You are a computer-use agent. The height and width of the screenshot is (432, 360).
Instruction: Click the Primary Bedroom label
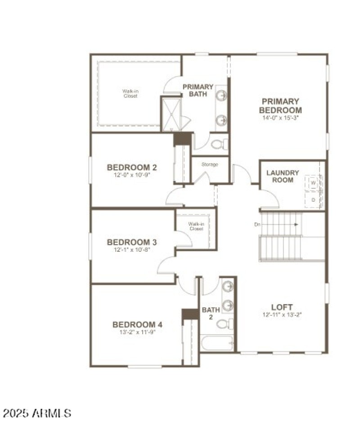point(280,106)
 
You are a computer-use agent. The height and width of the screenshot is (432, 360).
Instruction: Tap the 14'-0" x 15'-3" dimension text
point(281,118)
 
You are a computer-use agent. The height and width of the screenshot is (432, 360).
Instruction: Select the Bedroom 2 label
point(132,168)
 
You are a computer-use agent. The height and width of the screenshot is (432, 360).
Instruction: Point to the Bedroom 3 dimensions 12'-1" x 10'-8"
point(132,249)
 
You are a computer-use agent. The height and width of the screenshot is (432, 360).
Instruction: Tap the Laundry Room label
point(283,176)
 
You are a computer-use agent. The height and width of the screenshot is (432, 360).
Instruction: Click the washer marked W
point(314,183)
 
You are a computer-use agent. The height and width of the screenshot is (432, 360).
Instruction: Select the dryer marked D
point(314,199)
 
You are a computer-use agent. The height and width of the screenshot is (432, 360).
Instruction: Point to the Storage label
point(210,164)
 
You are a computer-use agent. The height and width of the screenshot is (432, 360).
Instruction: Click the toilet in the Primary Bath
point(220,145)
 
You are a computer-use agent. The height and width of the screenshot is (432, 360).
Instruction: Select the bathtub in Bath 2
point(217,343)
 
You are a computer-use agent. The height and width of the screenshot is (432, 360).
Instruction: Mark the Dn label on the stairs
point(257,224)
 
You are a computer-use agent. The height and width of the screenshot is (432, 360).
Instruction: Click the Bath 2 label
point(211,313)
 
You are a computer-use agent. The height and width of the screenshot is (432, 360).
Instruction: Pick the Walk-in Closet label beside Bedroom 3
point(196,226)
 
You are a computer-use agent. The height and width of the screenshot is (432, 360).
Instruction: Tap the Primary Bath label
point(198,90)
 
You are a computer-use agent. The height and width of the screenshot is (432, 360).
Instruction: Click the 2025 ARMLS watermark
point(37,413)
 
